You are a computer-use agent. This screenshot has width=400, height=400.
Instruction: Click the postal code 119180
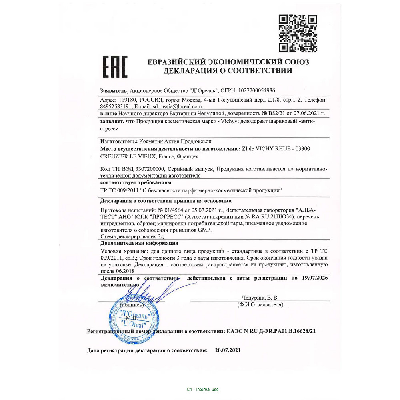(x=128, y=100)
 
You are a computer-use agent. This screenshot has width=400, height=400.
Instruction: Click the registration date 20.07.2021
(x=228, y=350)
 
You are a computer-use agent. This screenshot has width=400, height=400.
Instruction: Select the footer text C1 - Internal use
(x=202, y=389)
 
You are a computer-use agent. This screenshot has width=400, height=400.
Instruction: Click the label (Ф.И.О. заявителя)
(x=260, y=305)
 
